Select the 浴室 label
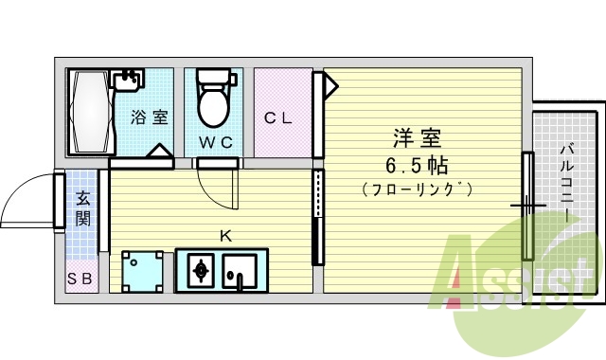150,118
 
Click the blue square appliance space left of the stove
142,271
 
